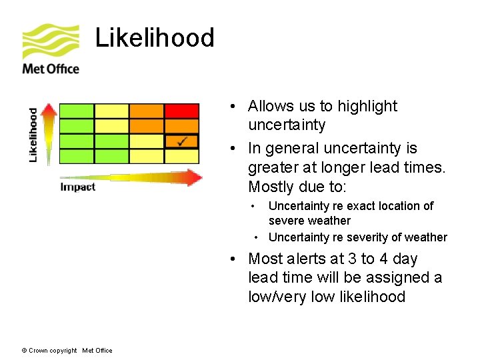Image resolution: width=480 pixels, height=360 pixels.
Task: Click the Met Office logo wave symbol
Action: point(50,41)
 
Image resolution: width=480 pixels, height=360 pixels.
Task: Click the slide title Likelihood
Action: point(155,38)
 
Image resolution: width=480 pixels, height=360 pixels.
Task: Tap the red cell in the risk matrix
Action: point(181,111)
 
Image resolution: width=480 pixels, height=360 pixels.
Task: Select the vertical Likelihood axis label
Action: point(33,135)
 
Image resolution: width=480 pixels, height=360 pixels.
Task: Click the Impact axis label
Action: point(78,187)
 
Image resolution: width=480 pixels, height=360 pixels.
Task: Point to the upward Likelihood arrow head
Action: point(48,109)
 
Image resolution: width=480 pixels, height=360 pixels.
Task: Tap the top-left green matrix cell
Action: point(77,111)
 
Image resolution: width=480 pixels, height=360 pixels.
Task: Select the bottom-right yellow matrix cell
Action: point(181,156)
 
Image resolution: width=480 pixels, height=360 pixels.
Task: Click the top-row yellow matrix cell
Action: point(111,111)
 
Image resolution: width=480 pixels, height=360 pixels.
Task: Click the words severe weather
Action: point(309,221)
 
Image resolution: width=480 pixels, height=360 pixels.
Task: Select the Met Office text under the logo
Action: point(51,69)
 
